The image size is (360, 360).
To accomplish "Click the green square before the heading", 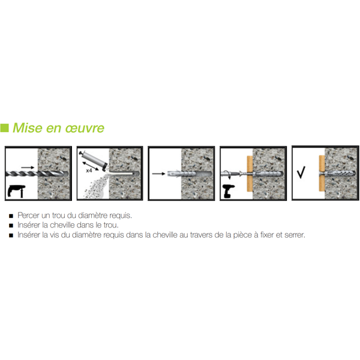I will (x=5, y=127).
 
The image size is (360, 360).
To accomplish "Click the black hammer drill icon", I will (x=16, y=191).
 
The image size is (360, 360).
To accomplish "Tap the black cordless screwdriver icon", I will (x=231, y=190).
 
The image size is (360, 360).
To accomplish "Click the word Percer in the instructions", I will (x=29, y=215).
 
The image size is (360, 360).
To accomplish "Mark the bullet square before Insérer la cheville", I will (x=11, y=225).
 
